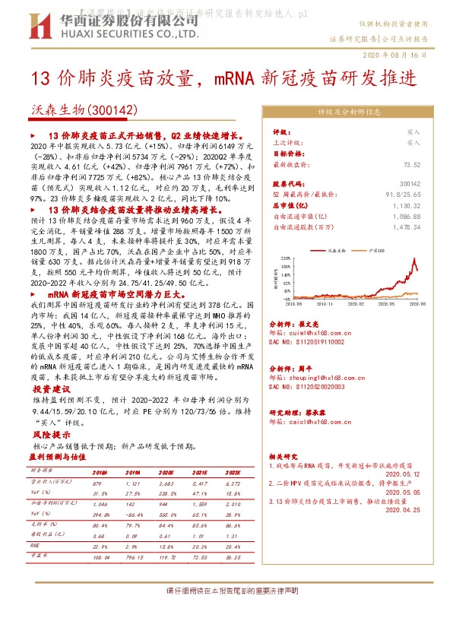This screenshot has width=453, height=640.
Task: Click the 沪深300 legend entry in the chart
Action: click(377, 249)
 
